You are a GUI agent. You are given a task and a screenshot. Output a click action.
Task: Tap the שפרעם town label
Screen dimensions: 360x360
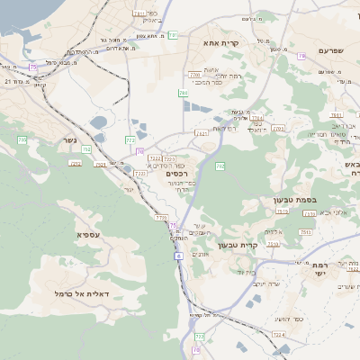(330, 51)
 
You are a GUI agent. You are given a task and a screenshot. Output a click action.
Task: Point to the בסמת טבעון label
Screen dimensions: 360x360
(291, 202)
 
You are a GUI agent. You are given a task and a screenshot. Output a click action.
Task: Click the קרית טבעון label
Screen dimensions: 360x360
(263, 245)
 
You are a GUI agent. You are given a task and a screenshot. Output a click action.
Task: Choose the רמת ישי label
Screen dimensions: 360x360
(323, 271)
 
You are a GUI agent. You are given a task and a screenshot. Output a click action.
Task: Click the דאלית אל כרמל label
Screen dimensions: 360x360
(82, 293)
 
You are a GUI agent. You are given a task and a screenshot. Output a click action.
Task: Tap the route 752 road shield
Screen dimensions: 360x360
(86, 149)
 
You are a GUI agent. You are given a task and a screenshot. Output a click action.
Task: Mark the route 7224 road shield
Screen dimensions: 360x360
(279, 334)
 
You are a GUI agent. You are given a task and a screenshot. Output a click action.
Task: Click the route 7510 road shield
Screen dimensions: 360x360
(282, 211)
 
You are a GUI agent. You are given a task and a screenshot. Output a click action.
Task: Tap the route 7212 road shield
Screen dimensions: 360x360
(76, 163)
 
